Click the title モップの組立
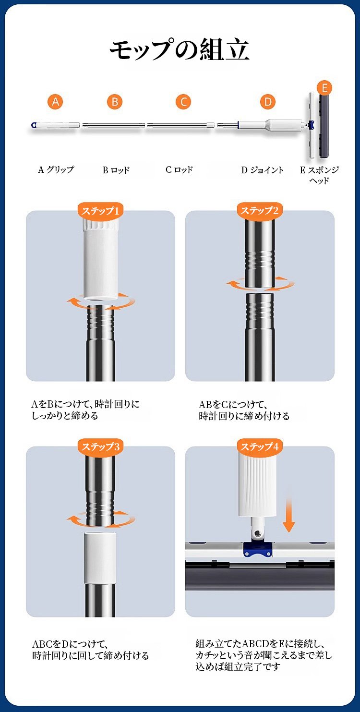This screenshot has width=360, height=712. coord(180,50)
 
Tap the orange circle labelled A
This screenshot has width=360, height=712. coord(55,102)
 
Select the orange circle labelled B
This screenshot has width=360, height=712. coord(115,102)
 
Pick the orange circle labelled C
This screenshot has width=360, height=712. coord(184,102)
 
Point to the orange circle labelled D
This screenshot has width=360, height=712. coord(268,102)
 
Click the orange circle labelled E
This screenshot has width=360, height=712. coord(324,88)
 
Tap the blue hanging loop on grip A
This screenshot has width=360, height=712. coord(34,125)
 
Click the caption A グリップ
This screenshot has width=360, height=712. coord(56,170)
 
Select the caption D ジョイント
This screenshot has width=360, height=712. coord(262,170)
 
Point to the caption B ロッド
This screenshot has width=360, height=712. coord(116,170)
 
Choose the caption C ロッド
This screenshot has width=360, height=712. coord(179,170)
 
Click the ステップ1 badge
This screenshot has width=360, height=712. coord(100,211)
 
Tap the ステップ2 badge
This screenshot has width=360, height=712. coord(260,211)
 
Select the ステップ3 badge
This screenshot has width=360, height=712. coord(100,447)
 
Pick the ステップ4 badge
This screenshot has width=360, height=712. coord(260,447)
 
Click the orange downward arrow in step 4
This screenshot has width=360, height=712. coord(288,515)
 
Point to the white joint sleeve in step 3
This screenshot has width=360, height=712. coord(100,558)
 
